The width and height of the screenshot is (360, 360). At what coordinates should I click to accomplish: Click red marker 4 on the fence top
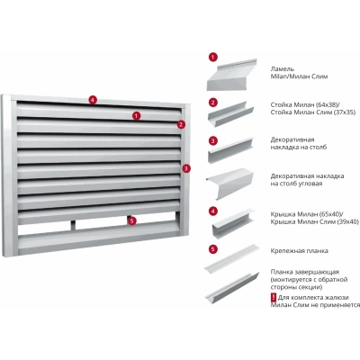point(94,100)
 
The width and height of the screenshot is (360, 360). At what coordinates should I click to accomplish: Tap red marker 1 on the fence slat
point(137,116)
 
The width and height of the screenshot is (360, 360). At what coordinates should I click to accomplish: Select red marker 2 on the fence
point(181,124)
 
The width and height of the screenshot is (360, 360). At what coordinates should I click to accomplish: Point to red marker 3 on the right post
point(186,168)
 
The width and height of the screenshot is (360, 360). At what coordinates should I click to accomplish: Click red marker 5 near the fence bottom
point(131,221)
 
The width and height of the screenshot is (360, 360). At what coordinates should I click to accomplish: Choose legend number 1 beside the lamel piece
point(213,57)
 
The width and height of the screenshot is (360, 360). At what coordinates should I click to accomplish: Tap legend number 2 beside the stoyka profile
point(213,103)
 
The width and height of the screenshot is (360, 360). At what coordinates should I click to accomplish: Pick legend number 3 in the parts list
point(213,140)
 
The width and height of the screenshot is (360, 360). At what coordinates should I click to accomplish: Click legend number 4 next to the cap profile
point(213,211)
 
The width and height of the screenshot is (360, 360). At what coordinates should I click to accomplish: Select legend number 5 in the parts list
point(213,249)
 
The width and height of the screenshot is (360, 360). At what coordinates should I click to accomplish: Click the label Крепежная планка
point(300,251)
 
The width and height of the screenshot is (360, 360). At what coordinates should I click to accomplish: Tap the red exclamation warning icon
point(274,298)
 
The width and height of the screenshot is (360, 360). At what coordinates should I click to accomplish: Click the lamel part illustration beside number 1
point(231,75)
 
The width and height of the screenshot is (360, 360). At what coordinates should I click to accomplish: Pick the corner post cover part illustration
point(229,184)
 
